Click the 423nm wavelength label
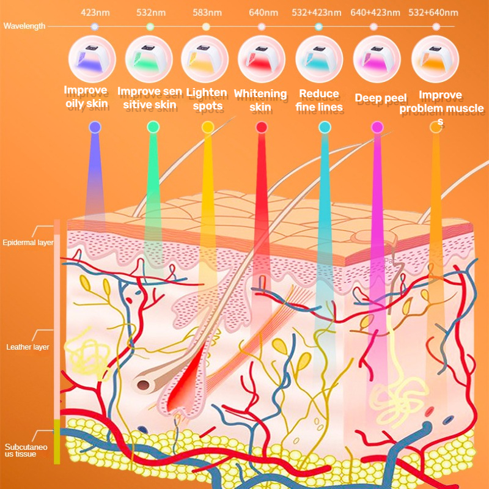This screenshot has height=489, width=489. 95,12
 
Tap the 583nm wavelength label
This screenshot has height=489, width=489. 207,12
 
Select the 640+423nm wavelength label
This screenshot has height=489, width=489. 375,12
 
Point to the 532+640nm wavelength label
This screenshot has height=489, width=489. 435,12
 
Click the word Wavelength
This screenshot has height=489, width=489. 24,26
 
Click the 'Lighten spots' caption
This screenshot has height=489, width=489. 207,99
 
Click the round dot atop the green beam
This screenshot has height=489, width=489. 153,127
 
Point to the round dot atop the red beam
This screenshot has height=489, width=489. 262,127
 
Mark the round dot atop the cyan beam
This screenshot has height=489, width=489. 325,127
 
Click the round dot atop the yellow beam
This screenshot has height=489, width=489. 208,127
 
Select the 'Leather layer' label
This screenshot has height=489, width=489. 28,347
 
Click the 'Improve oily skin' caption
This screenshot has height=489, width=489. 87,98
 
